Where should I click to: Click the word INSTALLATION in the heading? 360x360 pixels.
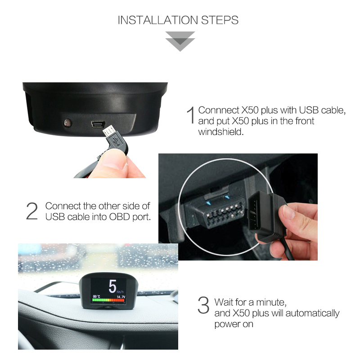pos(158,20)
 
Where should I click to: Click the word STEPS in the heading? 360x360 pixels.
pos(220,20)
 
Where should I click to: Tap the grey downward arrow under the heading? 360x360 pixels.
pos(180,41)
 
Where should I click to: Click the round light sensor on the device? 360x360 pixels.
pos(68,123)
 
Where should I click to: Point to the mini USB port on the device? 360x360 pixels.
pos(98,124)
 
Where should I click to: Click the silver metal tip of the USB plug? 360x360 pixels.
pos(109,131)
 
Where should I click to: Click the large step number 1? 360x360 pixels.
pos(191,115)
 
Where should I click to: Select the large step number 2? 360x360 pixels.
pos(32,211)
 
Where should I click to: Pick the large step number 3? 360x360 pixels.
pos(203,305)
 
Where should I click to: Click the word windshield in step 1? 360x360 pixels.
pos(220,132)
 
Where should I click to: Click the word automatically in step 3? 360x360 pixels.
pos(312,313)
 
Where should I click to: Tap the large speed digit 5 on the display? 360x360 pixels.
pos(112,286)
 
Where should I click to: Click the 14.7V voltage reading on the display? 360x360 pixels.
pos(121,297)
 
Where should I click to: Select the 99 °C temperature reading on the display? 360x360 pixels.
pos(96,297)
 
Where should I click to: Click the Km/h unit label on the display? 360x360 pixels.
pos(120,292)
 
